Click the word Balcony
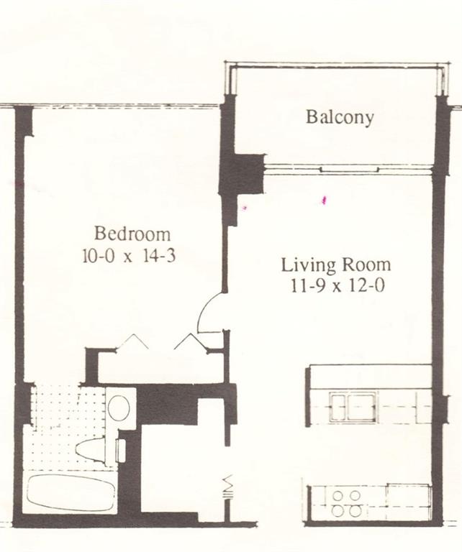340,117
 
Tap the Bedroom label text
132,234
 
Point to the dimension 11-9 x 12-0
335,285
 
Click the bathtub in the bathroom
71,492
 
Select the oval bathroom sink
119,408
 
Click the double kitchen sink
353,407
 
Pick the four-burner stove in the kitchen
347,502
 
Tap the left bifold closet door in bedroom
133,341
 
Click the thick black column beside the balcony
240,172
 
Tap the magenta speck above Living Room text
325,199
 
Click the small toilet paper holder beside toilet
121,451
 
